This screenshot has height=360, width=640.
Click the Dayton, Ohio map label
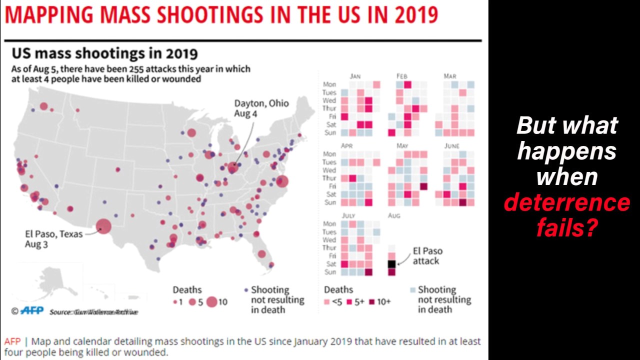(261, 108)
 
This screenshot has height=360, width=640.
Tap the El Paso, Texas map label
(53, 239)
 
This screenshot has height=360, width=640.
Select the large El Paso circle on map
(103, 226)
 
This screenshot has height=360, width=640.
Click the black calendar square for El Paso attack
(391, 264)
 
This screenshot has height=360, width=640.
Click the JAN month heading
(355, 76)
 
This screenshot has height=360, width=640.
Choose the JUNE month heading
(451, 146)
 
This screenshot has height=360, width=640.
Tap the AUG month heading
(393, 215)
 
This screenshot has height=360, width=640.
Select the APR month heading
(346, 146)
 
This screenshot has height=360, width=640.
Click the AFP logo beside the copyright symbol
(31, 310)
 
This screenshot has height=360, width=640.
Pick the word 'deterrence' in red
(566, 202)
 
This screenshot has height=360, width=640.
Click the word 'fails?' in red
(567, 228)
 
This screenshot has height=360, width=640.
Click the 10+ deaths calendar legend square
(373, 301)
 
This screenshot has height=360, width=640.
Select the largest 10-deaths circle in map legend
(212, 301)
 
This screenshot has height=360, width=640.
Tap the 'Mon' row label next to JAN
(329, 84)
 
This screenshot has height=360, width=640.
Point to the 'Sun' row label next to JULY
(330, 272)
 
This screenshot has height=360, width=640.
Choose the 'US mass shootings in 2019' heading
(104, 53)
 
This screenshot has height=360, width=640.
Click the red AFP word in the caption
(12, 341)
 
